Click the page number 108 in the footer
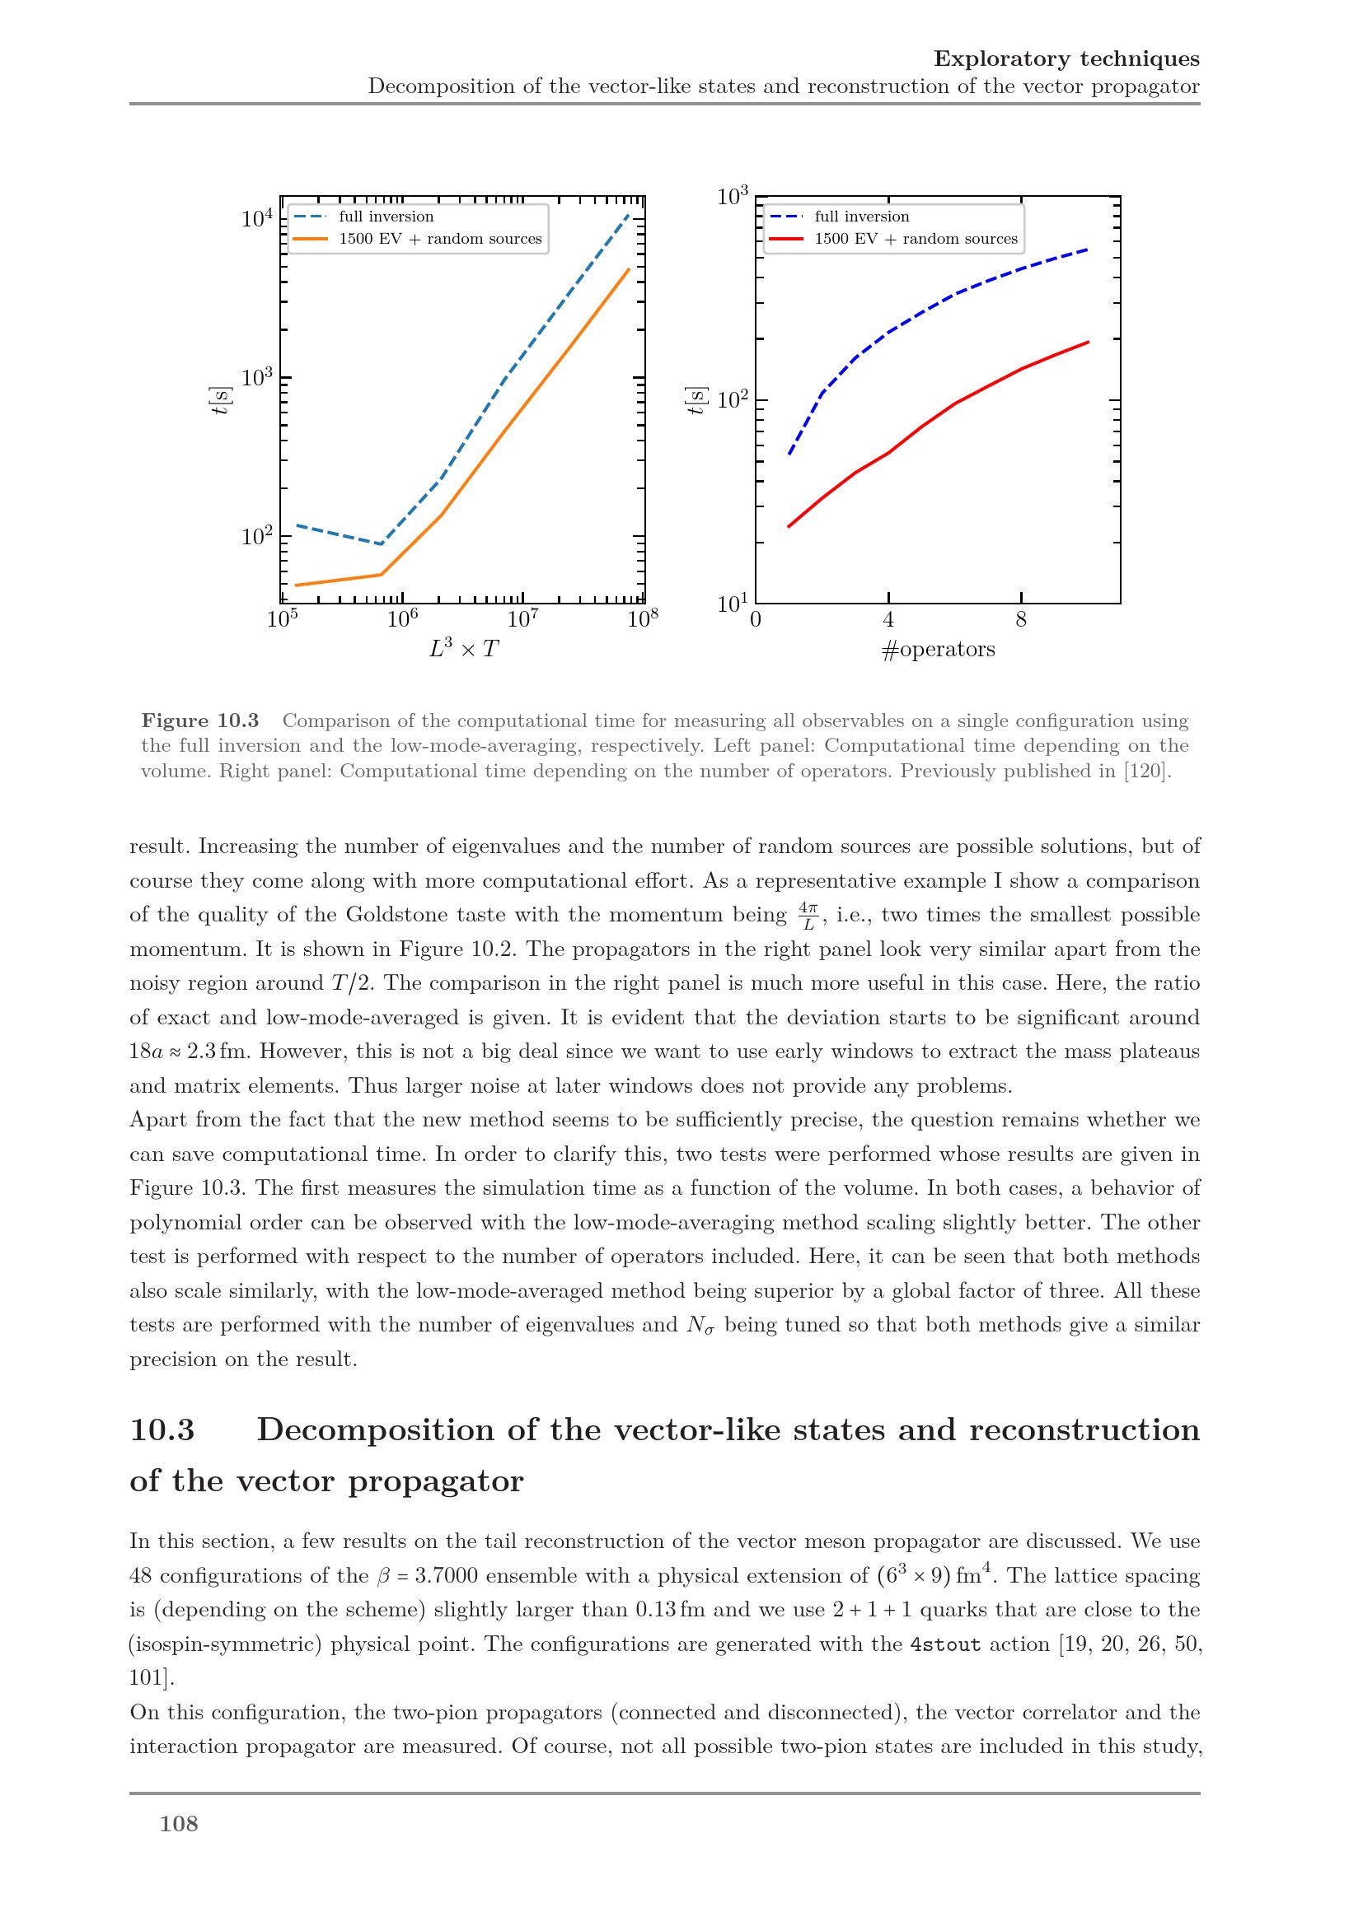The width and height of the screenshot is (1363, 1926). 179,1824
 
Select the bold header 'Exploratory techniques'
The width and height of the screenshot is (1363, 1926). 1066,58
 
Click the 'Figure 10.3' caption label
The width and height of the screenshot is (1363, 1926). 199,721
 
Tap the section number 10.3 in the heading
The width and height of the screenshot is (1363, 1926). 162,1430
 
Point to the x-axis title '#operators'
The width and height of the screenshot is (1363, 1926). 939,649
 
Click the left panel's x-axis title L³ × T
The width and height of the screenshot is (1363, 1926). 463,648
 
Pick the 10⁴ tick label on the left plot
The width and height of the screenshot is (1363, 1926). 257,218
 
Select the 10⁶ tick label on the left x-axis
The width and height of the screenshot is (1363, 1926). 403,620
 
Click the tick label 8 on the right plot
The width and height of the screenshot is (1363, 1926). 1020,620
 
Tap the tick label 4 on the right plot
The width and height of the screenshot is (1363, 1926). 888,620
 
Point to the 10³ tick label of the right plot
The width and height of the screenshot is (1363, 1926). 732,196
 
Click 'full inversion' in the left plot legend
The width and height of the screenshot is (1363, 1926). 386,217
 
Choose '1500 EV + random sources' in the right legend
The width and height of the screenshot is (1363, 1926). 916,239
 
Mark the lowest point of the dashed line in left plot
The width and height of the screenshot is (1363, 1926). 382,544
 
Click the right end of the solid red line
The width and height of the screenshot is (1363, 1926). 1089,342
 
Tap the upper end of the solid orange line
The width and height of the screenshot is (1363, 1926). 630,268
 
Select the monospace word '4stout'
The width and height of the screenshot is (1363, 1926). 945,1644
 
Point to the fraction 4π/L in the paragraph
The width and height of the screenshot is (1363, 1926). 808,915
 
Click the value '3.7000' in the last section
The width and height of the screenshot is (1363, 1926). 446,1576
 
